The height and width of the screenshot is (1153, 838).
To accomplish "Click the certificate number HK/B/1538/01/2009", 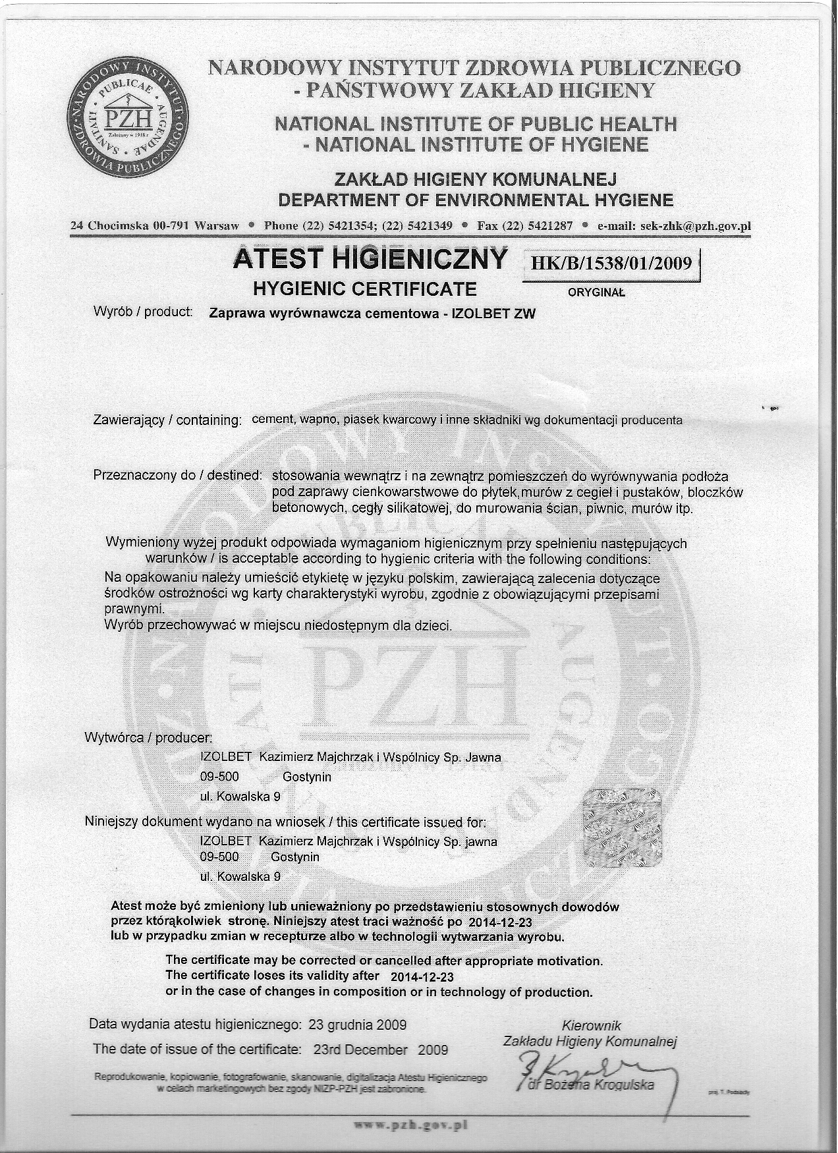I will tap(611, 264).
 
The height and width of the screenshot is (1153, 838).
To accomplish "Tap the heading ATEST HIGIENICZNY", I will tap(371, 259).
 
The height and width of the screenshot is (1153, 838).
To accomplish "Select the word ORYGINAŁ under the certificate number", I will tap(597, 293).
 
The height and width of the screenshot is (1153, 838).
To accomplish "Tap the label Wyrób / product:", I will tap(143, 312).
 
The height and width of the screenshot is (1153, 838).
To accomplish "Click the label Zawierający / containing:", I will tap(168, 420).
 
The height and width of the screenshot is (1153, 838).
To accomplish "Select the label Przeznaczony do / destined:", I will tap(178, 475).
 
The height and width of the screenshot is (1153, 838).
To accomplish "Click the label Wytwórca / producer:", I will tap(149, 737).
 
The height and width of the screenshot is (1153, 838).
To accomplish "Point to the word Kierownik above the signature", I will tap(591, 1025).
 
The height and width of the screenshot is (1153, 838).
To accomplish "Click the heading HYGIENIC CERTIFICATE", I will tap(365, 289).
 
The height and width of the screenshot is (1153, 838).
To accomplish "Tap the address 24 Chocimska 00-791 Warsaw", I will tap(155, 226).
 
